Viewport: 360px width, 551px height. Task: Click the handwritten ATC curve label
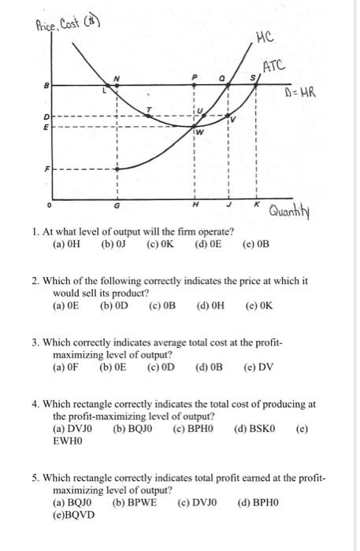click(x=273, y=65)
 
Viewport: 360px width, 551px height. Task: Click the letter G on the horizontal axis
click(x=119, y=205)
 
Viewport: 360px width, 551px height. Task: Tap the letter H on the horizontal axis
click(x=195, y=205)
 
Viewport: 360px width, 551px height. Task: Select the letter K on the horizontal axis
click(x=256, y=204)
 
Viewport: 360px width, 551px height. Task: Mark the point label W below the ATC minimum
click(x=201, y=131)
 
